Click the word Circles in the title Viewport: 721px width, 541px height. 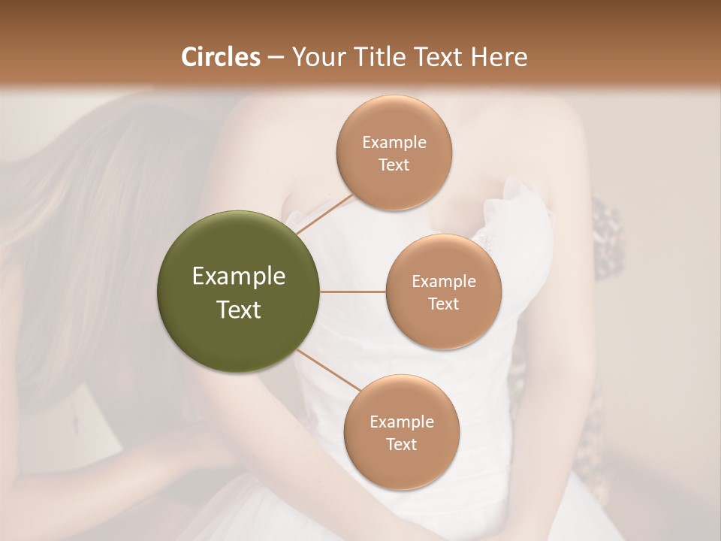221,57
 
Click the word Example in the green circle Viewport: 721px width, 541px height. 239,277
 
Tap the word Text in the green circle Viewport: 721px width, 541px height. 239,310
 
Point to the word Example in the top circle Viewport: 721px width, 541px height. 394,143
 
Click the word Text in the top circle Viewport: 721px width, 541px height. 394,165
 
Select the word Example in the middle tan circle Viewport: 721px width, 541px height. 444,282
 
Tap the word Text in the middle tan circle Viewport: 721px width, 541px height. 444,304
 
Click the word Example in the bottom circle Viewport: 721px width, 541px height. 402,422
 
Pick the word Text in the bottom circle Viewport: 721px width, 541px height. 402,444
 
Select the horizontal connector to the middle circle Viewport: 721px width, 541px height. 353,292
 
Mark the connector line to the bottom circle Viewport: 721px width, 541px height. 329,370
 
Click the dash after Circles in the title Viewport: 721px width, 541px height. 276,58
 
